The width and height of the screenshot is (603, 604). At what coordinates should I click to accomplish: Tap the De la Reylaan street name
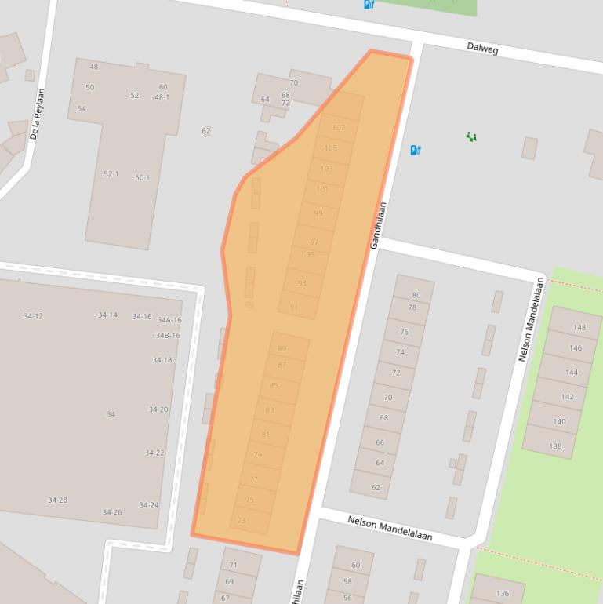pos(37,115)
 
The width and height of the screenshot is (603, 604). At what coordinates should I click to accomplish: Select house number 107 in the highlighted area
pos(339,128)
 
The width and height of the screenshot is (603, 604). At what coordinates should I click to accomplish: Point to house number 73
pos(242,520)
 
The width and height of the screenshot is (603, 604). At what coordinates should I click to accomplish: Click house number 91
pos(294,307)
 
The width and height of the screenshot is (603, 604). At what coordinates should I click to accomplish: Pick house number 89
pos(282,349)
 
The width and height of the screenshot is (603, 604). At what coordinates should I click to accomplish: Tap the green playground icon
pos(471,136)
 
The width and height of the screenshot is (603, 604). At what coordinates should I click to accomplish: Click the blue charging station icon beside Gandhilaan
pos(416,150)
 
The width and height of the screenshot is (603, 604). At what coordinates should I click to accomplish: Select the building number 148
pos(579,327)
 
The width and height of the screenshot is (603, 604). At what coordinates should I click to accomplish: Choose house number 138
pos(555,446)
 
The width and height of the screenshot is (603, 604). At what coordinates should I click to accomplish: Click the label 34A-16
pos(169,320)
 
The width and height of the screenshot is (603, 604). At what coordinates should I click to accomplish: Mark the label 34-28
pos(57,500)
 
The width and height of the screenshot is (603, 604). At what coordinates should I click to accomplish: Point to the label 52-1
pos(111,173)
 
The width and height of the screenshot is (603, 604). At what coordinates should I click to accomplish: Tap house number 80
pos(416,296)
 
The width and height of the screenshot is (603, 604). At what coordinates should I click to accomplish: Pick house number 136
pos(502,593)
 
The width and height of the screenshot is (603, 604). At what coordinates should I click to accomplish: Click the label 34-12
pos(33,316)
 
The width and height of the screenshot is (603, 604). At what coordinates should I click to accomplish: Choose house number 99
pos(318,214)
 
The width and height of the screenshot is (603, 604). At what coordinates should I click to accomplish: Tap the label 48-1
pos(162,97)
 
